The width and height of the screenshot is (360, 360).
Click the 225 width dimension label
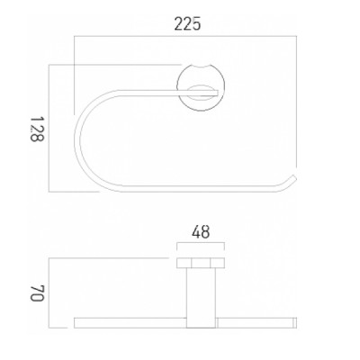pos(187,23)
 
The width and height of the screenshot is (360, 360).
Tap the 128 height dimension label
pos(38,129)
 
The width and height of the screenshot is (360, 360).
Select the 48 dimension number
pos(201,232)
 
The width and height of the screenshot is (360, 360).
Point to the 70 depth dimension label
pos(38,292)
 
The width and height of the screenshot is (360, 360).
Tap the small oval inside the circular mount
pos(201,93)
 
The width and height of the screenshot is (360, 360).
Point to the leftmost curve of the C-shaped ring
pos(77,138)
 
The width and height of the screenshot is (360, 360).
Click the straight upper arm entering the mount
pos(168,93)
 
